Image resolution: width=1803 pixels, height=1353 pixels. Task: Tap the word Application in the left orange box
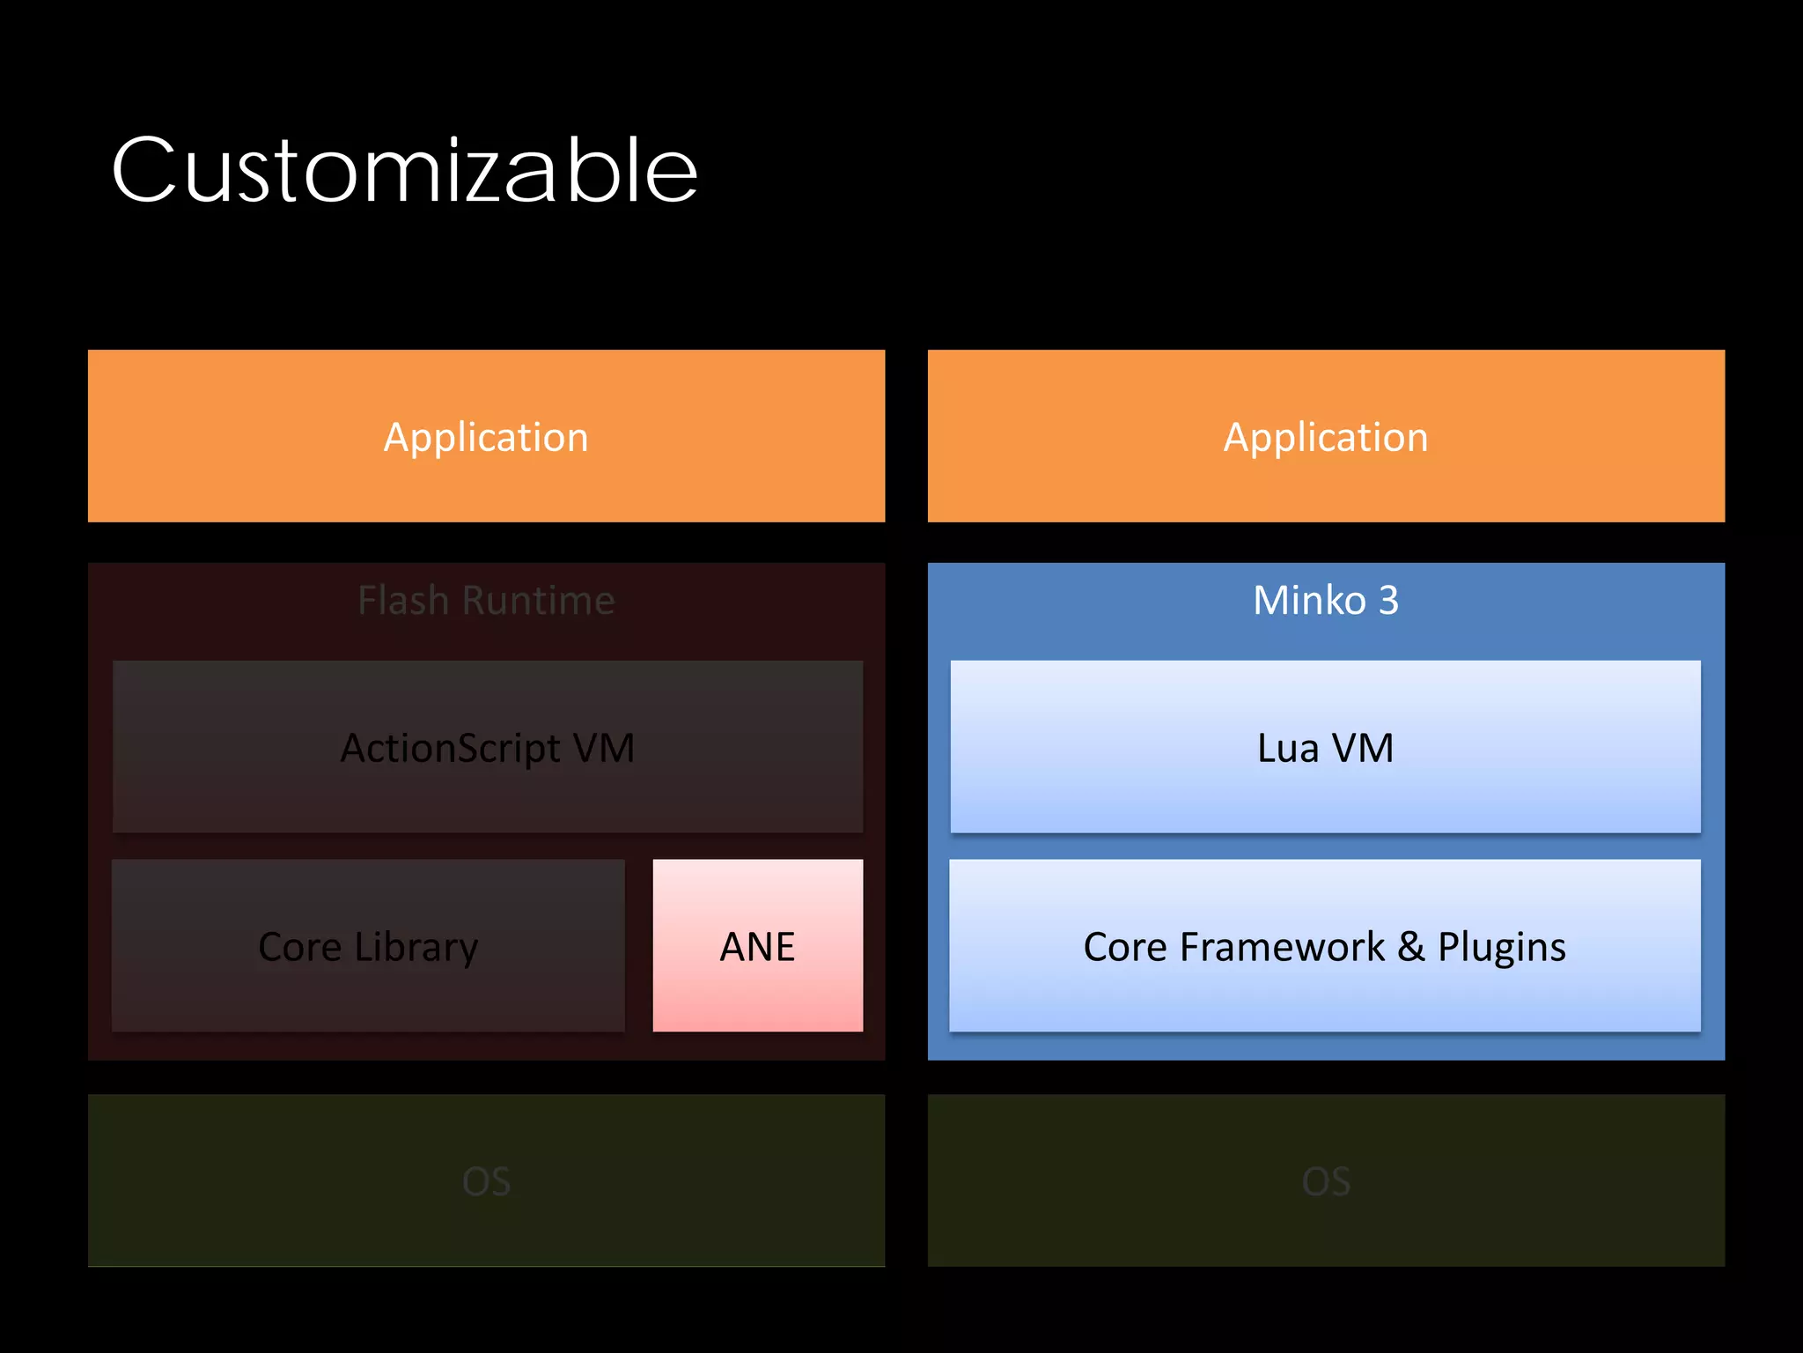point(486,437)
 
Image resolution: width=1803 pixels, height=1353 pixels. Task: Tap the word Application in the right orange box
point(1326,437)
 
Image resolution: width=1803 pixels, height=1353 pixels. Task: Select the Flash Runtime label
point(486,601)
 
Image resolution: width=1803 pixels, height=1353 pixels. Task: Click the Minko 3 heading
point(1326,601)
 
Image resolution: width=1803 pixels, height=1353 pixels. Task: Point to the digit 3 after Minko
point(1388,601)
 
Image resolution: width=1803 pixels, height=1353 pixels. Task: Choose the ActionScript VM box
point(487,747)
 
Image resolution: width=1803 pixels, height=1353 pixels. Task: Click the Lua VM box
point(1325,747)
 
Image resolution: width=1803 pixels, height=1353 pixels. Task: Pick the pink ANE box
point(757,946)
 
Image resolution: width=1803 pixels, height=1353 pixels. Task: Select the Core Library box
point(368,946)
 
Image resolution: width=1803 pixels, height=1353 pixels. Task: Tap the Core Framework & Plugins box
point(1324,946)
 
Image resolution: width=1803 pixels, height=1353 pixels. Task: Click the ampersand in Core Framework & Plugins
point(1411,946)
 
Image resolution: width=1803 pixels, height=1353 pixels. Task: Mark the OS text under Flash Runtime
point(486,1181)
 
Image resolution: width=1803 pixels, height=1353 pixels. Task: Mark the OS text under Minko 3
point(1326,1181)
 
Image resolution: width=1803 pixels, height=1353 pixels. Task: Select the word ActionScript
point(450,749)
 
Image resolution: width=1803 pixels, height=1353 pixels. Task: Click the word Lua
point(1288,748)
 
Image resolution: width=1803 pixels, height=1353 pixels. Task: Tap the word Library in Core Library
point(416,948)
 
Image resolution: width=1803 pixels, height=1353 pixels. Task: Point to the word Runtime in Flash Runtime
point(538,601)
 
